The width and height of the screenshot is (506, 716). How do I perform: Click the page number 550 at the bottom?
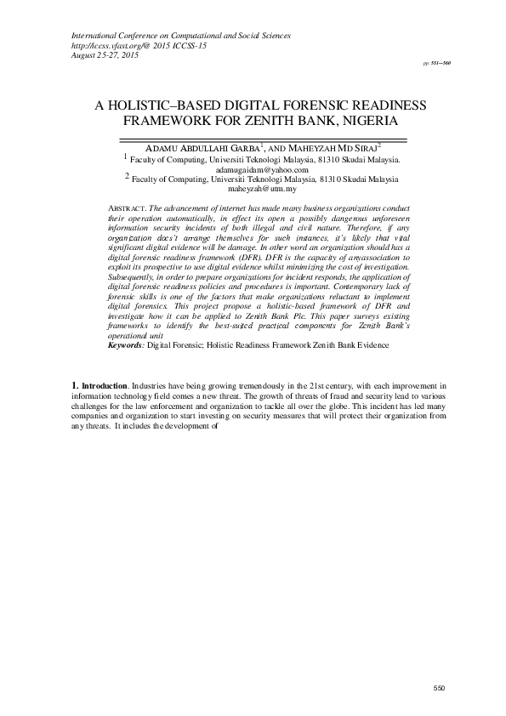pyautogui.click(x=439, y=686)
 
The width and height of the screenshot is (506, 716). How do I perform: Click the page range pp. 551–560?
pyautogui.click(x=438, y=64)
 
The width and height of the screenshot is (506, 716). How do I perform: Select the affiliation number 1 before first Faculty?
pyautogui.click(x=127, y=156)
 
